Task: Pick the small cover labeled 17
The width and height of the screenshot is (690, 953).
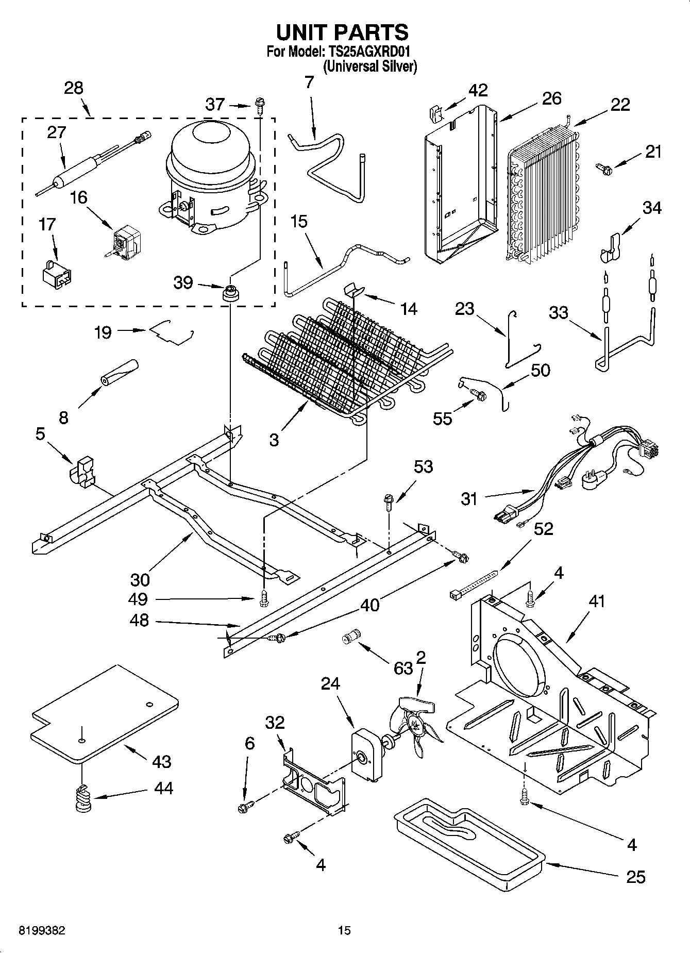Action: tap(56, 272)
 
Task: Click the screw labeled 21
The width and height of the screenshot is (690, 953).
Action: tap(603, 167)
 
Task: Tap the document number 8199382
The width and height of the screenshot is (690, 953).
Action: tap(42, 930)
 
